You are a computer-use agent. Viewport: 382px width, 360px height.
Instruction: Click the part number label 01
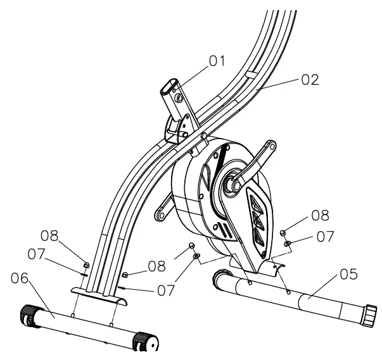(218, 61)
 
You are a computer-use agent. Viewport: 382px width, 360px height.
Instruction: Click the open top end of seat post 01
(168, 84)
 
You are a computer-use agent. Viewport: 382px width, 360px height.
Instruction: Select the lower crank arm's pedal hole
(163, 216)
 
